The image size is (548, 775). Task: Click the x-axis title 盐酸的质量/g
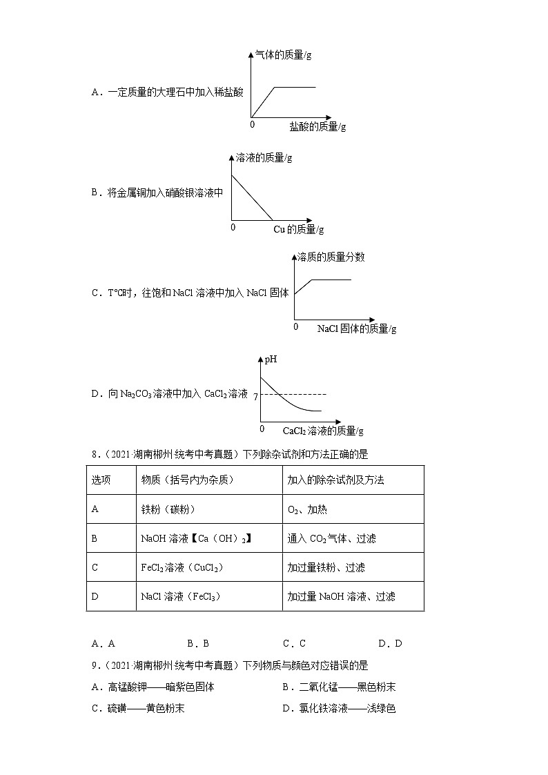[317, 126]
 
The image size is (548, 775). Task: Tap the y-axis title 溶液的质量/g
[264, 157]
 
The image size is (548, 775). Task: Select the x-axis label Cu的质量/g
[298, 229]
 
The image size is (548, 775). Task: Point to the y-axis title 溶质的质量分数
[331, 257]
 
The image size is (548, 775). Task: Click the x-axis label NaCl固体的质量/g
[356, 329]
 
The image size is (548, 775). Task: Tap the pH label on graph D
[271, 360]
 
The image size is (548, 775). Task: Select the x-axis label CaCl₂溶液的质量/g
[322, 431]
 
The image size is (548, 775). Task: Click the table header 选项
[101, 480]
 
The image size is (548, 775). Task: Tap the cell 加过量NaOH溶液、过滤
[341, 596]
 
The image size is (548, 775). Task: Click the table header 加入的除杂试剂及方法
[335, 480]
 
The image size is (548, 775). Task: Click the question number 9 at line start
[95, 665]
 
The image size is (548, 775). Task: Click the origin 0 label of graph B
[233, 227]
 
